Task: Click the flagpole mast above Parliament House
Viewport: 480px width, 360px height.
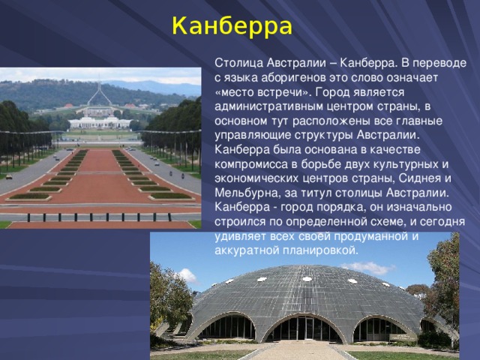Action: (x=96, y=94)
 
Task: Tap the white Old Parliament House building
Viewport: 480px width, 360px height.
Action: (x=99, y=121)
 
